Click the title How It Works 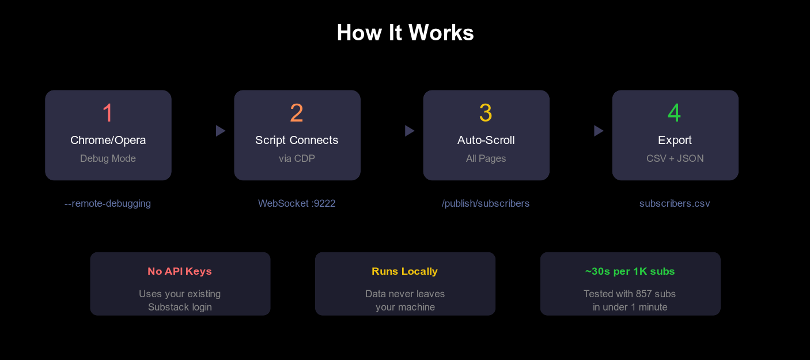pos(405,33)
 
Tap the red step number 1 pos(108,113)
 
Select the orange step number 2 pos(297,113)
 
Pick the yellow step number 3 pos(486,113)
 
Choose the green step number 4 pos(675,113)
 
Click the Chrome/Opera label pos(108,140)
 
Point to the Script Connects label pos(297,140)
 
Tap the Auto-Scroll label pos(486,140)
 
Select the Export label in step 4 pos(675,140)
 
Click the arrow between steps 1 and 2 pos(220,131)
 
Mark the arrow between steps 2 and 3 pos(409,131)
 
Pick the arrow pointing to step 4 pos(598,131)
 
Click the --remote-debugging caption pos(108,203)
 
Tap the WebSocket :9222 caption pos(297,203)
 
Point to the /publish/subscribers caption pos(486,203)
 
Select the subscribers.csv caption pos(675,203)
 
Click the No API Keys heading pos(180,271)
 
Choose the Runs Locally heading pos(404,271)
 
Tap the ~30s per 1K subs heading pos(630,271)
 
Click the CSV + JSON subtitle pos(675,158)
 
